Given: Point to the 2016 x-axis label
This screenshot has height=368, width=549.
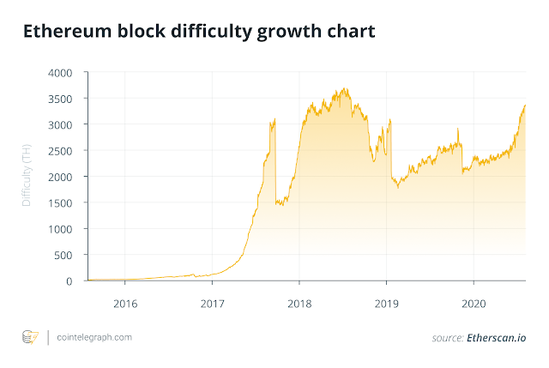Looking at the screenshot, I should tap(125, 303).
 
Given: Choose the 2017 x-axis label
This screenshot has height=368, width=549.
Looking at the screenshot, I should tap(212, 303).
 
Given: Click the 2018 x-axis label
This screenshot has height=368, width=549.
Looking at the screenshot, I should tap(299, 303).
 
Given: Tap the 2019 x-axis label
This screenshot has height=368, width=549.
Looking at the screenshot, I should tap(385, 303).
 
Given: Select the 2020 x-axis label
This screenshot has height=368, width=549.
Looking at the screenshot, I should tap(473, 303).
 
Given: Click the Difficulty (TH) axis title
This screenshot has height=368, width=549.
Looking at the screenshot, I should tap(27, 177).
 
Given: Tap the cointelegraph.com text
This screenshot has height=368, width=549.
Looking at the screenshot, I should tap(95, 338).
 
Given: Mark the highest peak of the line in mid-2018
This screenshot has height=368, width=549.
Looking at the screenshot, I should tap(344, 88).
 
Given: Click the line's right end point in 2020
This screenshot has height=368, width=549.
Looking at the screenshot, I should tap(525, 105).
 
